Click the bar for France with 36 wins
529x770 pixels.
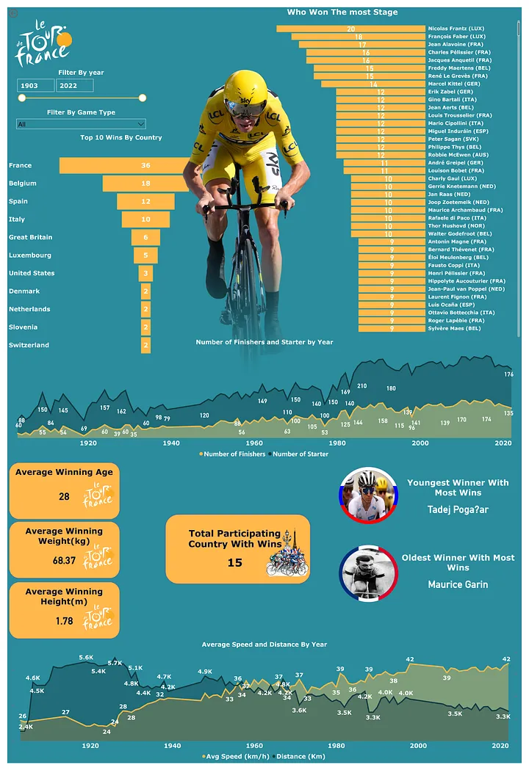tap(125, 166)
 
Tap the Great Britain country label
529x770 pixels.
tap(30, 237)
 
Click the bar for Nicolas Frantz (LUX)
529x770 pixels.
tap(350, 29)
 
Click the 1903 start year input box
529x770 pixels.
tap(35, 86)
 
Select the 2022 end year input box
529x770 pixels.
tap(74, 86)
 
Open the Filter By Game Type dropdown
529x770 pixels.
tap(81, 124)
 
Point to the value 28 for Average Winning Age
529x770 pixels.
tap(64, 497)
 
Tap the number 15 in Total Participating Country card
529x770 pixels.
tap(234, 563)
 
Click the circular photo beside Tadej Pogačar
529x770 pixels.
tap(368, 495)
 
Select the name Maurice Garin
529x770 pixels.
tap(458, 585)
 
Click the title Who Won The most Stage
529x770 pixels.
tap(342, 12)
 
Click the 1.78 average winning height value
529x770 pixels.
tap(65, 621)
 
